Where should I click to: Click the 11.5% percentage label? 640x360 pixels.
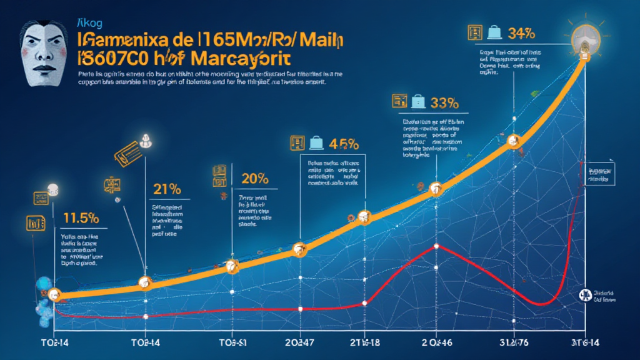81,218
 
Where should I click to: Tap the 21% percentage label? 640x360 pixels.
167,189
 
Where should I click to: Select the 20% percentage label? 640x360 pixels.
254,179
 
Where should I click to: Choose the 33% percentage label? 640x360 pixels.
442,101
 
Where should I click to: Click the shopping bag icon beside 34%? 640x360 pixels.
495,31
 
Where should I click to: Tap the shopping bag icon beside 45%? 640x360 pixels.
317,143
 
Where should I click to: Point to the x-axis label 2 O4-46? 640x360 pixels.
436,342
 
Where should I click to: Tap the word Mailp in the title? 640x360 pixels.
316,39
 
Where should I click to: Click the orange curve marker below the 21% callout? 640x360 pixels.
145,283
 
